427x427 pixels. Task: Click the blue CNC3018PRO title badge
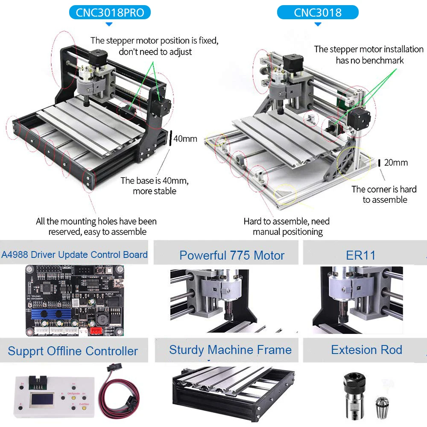point(110,12)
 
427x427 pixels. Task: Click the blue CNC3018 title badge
point(318,12)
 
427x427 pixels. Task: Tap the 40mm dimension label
point(185,138)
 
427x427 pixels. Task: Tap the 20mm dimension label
point(396,162)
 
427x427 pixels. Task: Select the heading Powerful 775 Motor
point(231,255)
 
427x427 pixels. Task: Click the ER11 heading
point(361,255)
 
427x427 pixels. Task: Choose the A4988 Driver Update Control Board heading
point(74,255)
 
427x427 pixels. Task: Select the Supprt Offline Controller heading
point(73,351)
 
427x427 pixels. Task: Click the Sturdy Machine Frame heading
point(230,350)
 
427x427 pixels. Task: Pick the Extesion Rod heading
point(366,350)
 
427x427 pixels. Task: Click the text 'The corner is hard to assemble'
point(384,194)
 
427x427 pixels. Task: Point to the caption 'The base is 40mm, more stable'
point(154,186)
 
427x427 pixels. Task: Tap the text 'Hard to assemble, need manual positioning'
point(287,227)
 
